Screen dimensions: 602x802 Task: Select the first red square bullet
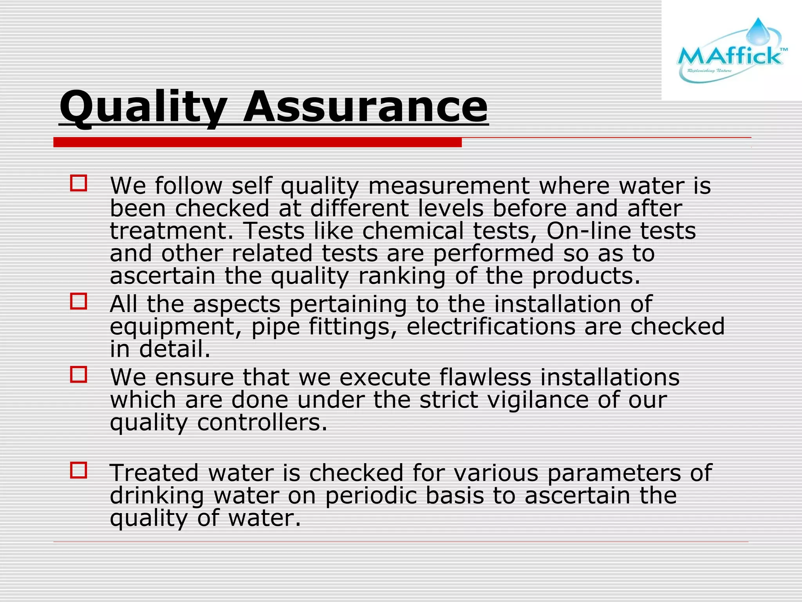(x=78, y=183)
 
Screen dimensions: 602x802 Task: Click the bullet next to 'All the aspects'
(x=78, y=301)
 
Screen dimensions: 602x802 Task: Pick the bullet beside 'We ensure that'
(x=78, y=375)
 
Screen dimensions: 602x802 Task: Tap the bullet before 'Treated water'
(x=78, y=470)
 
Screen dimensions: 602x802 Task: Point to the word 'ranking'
(x=402, y=276)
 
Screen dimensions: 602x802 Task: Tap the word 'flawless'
(x=485, y=377)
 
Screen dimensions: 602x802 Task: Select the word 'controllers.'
(x=262, y=422)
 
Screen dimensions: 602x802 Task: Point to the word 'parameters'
(x=614, y=473)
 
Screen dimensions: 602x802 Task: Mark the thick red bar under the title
(x=257, y=142)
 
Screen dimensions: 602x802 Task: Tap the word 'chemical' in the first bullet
(x=413, y=231)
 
